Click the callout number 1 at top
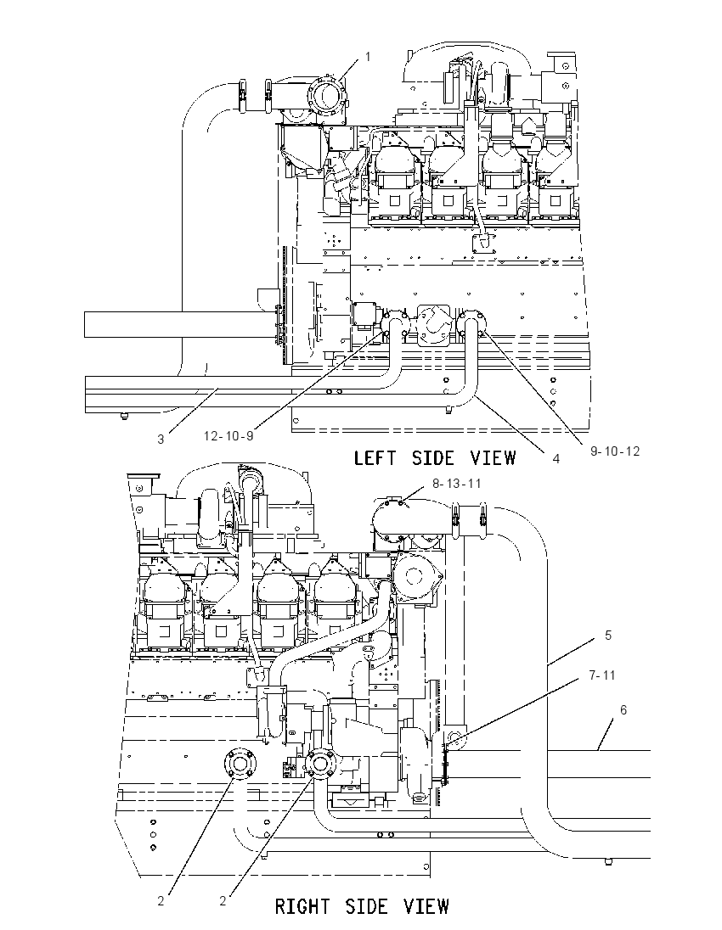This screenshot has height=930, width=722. (x=368, y=57)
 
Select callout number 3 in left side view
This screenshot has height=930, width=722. (x=161, y=440)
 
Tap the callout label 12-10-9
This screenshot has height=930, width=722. (x=228, y=436)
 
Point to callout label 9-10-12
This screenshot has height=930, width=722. (x=615, y=451)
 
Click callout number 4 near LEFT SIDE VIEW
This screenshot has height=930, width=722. (x=556, y=458)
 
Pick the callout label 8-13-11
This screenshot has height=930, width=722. (x=457, y=484)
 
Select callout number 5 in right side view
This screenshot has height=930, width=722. (x=608, y=636)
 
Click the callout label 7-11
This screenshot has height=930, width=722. (x=602, y=675)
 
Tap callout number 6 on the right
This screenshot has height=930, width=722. (x=623, y=710)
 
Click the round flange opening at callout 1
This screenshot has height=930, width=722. (x=324, y=96)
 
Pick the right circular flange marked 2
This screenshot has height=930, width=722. (x=321, y=765)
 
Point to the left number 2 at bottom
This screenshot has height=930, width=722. (x=161, y=901)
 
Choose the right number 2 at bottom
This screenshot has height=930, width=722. (x=223, y=901)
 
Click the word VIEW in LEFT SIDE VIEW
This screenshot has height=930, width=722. (x=494, y=458)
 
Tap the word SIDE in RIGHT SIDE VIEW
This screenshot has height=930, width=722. (x=366, y=906)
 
